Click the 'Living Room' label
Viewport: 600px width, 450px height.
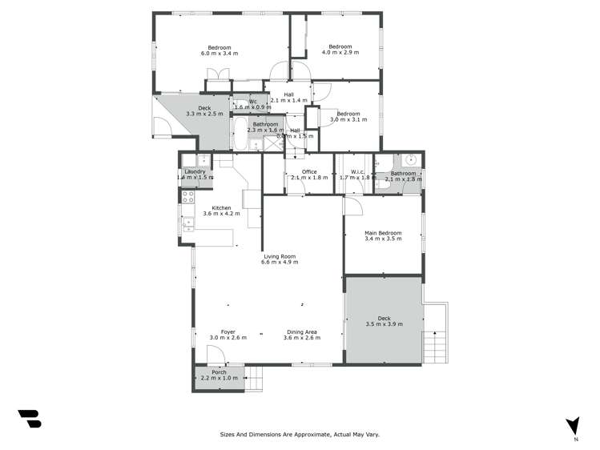pos(280,256)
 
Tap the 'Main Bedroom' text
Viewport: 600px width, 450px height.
pos(383,233)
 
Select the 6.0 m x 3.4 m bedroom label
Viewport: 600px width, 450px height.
pos(219,47)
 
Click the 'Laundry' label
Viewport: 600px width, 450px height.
pos(195,171)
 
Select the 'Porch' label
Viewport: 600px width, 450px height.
pos(219,372)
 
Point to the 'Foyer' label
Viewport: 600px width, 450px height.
pos(228,331)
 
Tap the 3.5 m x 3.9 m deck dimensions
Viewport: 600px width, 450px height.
pos(383,324)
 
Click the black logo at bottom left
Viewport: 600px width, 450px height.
pos(29,419)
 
